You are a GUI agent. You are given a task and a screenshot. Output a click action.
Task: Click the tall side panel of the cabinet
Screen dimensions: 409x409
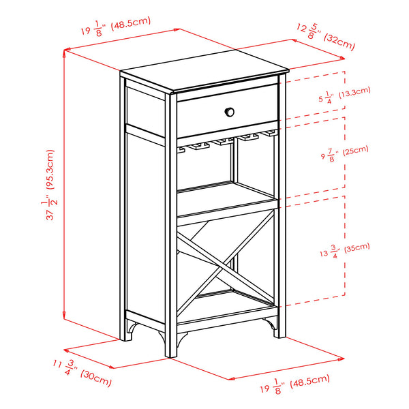[x=145, y=218]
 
